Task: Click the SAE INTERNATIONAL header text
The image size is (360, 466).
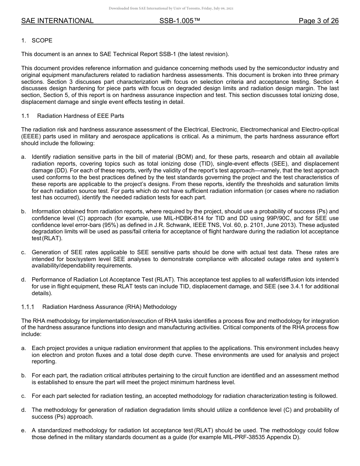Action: click(x=57, y=21)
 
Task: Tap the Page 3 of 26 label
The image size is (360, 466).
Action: click(x=318, y=21)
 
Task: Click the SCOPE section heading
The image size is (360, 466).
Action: click(x=42, y=41)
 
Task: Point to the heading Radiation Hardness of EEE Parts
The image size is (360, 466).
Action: click(x=81, y=116)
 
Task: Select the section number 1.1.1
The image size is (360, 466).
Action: click(x=28, y=307)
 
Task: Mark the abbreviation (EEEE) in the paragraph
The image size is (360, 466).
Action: click(x=30, y=136)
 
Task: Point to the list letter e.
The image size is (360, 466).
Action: click(x=23, y=431)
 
